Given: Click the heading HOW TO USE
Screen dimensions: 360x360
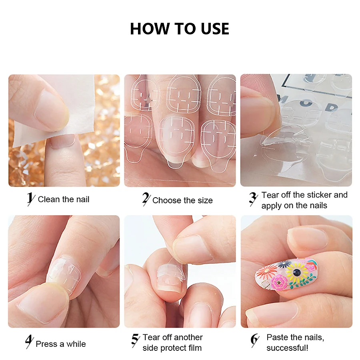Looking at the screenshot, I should coord(180,29).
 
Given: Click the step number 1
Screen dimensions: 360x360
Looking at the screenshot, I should coord(30,199).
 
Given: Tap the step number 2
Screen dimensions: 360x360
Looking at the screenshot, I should coord(146,199).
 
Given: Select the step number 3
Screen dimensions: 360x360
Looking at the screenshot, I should coord(253,199).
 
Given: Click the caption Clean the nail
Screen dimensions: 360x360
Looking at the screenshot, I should coord(64,199).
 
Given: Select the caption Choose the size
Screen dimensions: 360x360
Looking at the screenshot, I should coord(182,200).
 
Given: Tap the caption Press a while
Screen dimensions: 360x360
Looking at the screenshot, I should coord(61,344).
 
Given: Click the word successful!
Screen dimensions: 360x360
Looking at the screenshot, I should coord(287,348).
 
